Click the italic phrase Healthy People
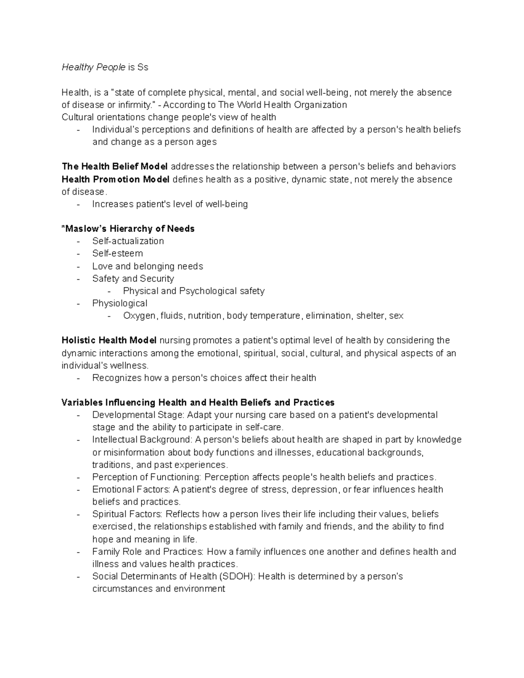93,67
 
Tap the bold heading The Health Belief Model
114,166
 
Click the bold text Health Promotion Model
115,179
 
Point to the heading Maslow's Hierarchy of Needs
129,229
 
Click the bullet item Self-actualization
128,241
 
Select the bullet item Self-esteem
117,253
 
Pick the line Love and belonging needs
148,266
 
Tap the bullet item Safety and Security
133,279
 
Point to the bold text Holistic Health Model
109,340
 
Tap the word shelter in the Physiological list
369,316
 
